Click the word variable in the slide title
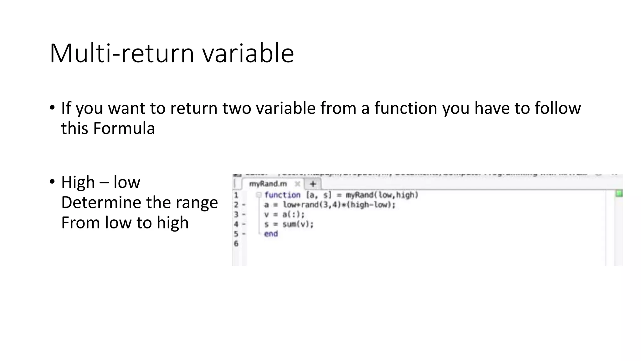[248, 53]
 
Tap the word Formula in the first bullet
[124, 128]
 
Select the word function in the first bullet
[406, 108]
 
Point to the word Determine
[101, 202]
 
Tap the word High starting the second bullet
[78, 182]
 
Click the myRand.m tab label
[268, 184]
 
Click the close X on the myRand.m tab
[297, 184]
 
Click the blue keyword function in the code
[282, 195]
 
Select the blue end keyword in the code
[271, 234]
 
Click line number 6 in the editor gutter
[236, 243]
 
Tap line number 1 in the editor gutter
[236, 195]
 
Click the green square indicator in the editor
[619, 194]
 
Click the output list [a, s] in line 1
[318, 195]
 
